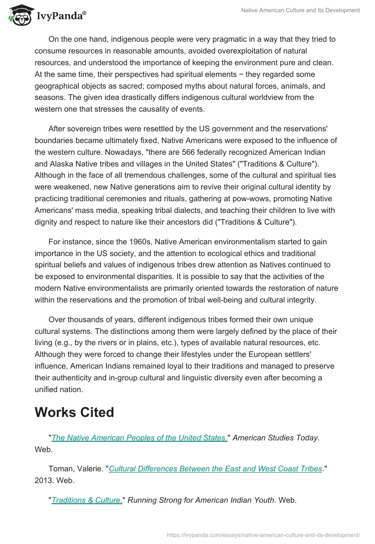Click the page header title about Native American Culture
coord(300,10)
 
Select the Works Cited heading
coord(75,412)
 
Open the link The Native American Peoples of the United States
coord(139,438)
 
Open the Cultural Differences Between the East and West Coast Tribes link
coord(216,468)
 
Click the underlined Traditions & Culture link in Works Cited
coord(87,500)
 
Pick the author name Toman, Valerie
coord(76,468)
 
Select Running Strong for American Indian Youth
coord(201,500)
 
